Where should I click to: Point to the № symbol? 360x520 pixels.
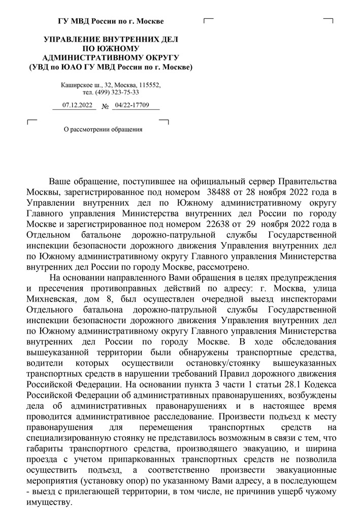106,107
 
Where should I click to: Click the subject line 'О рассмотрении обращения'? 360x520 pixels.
103,129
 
